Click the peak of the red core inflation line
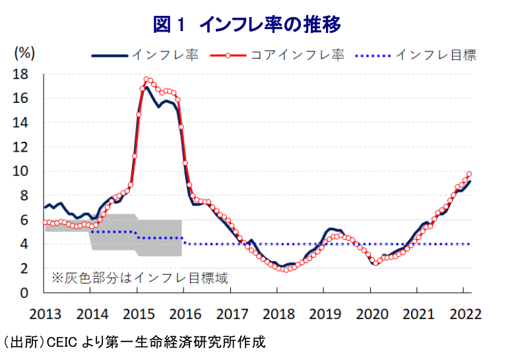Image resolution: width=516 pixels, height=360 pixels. [146, 79]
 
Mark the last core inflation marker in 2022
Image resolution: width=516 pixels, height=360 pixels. [469, 174]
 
